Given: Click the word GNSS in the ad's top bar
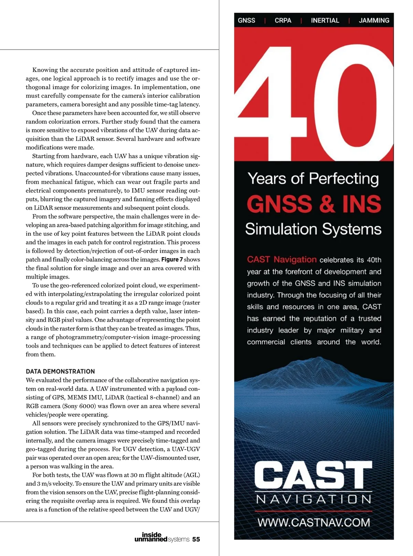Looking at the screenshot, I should pyautogui.click(x=246, y=20).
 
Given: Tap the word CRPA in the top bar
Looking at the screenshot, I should pyautogui.click(x=283, y=20).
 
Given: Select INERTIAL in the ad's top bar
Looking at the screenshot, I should pyautogui.click(x=325, y=20).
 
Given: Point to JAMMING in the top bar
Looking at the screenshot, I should pyautogui.click(x=374, y=20).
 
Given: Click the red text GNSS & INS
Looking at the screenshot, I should pyautogui.click(x=314, y=204).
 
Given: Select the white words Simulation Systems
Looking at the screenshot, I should pyautogui.click(x=313, y=229).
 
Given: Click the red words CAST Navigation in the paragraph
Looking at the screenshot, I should pyautogui.click(x=282, y=260).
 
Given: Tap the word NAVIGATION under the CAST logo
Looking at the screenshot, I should pyautogui.click(x=314, y=499).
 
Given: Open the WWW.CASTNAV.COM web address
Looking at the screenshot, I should pyautogui.click(x=314, y=522).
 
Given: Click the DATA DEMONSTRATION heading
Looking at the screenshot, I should pyautogui.click(x=60, y=371).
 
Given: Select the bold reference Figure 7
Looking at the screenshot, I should pyautogui.click(x=172, y=260).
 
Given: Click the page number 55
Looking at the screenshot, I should pyautogui.click(x=196, y=539).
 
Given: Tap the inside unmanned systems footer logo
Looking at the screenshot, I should pyautogui.click(x=162, y=537).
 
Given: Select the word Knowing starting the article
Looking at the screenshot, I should pyautogui.click(x=45, y=70).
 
